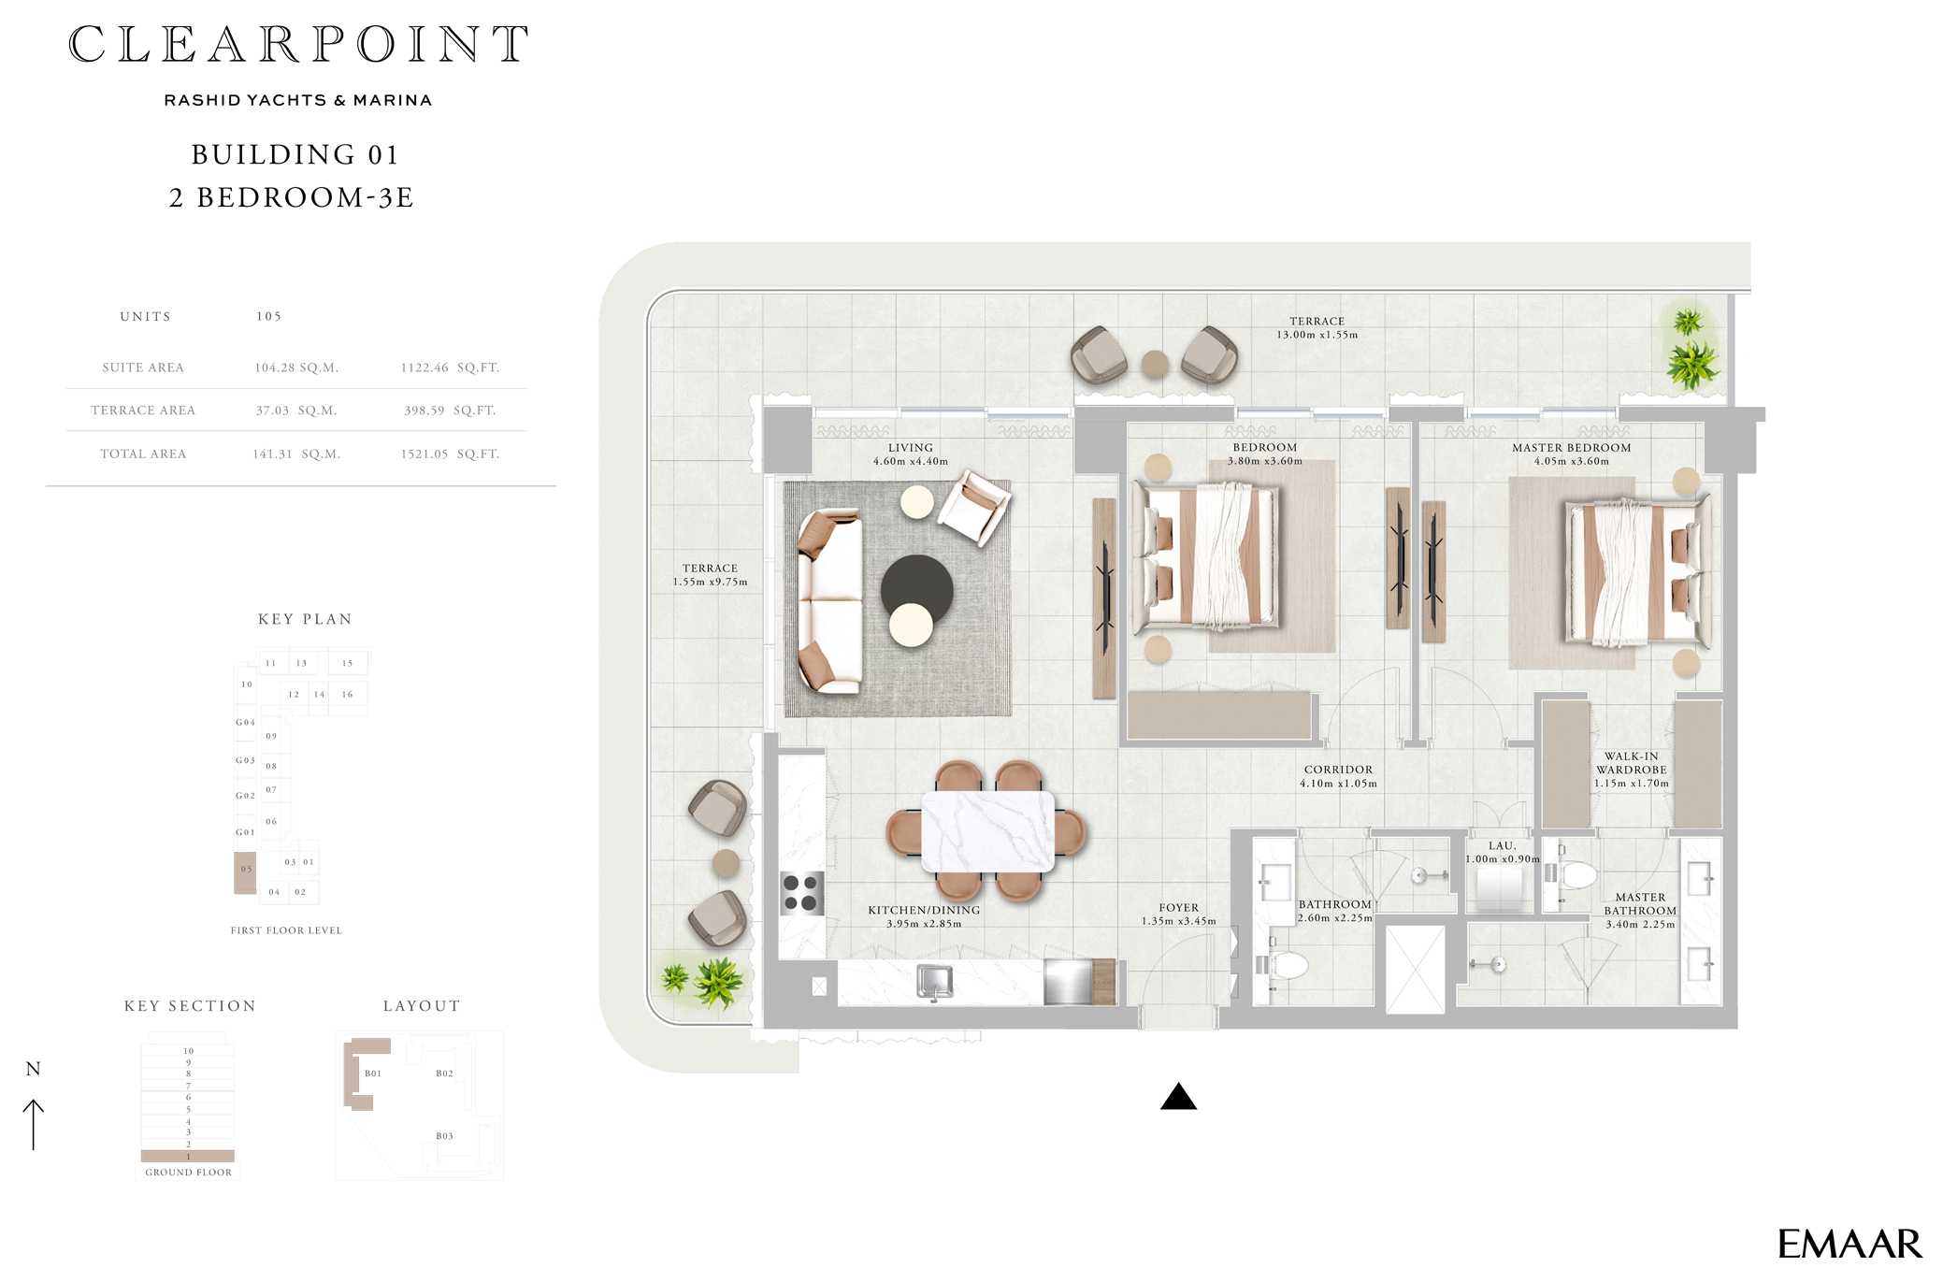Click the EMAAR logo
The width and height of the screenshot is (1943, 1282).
(1849, 1244)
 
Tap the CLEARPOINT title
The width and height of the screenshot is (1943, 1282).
(298, 44)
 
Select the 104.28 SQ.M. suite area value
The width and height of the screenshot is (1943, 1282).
(296, 367)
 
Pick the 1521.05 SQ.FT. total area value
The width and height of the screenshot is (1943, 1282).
(450, 454)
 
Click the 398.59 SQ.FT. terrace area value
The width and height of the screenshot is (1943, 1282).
(450, 411)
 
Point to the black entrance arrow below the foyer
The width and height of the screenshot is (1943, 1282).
(1178, 1096)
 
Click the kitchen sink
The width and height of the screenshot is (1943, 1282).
(934, 982)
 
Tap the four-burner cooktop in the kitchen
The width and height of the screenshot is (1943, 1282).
(802, 893)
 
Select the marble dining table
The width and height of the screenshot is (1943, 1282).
(987, 832)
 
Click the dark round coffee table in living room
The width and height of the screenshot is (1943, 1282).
(916, 589)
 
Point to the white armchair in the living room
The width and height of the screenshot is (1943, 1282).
(974, 506)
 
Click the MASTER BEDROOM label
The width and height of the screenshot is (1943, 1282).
(1571, 448)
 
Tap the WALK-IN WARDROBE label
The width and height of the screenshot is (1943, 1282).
(1631, 763)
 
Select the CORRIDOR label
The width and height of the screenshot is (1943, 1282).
(1338, 770)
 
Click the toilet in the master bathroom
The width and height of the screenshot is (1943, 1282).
(1574, 875)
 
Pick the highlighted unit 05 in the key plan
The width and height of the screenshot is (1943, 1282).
(245, 871)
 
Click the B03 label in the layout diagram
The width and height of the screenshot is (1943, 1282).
(444, 1136)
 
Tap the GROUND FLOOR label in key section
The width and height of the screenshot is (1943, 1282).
(188, 1172)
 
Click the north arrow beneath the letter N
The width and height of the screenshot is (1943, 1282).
(34, 1124)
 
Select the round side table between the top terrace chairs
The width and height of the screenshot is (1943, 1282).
(1155, 363)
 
